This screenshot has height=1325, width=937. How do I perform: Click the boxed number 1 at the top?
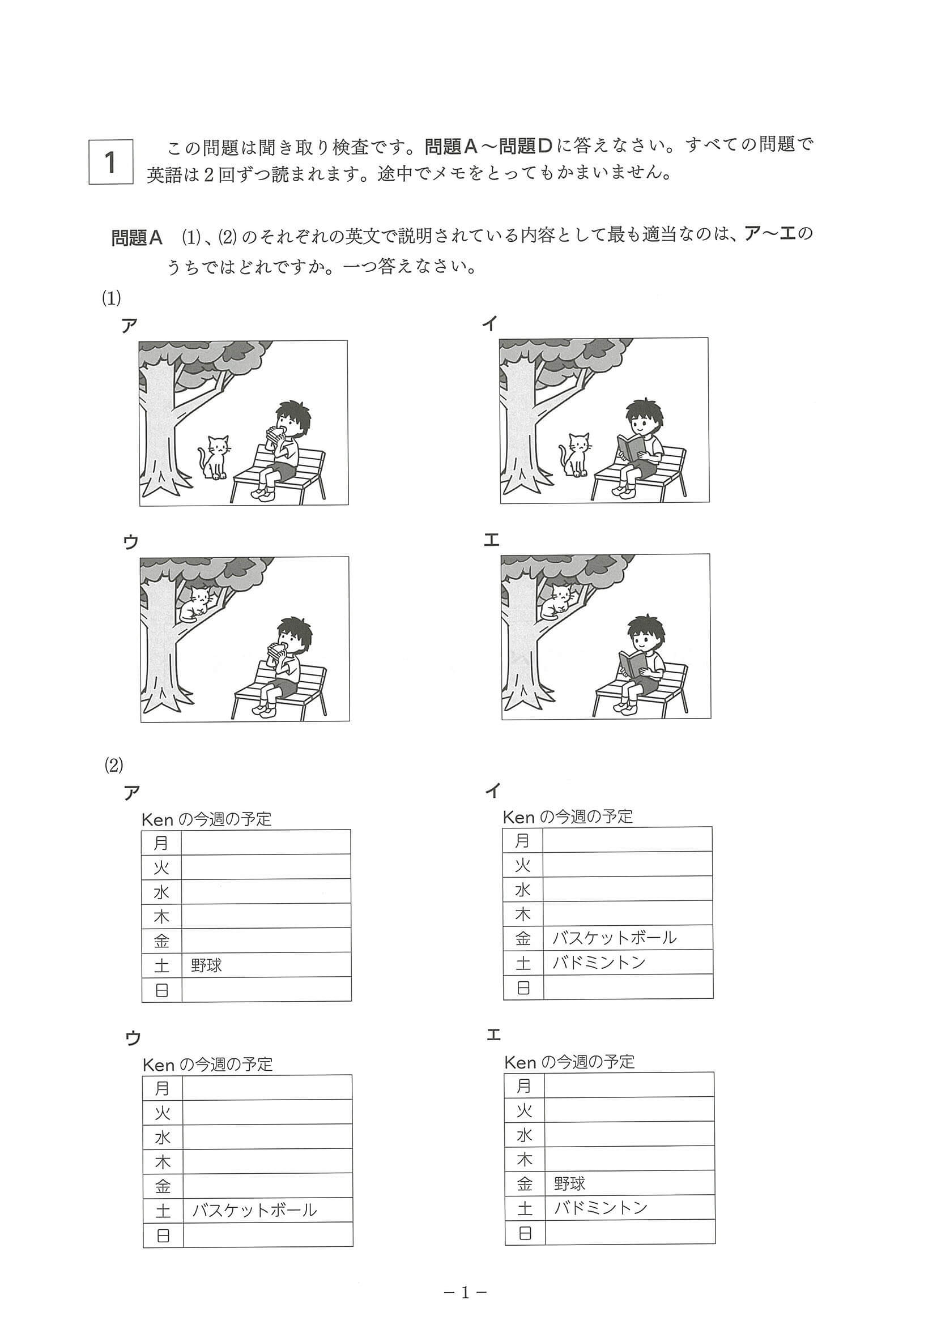[111, 162]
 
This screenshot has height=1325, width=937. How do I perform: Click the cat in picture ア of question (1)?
[215, 457]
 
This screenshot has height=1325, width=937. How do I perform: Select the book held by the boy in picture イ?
[630, 448]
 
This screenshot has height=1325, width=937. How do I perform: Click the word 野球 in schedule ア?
[206, 965]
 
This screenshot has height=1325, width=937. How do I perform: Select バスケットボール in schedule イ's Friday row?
[614, 938]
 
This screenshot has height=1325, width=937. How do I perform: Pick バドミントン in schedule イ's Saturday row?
[599, 963]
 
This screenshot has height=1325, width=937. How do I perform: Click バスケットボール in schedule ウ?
[254, 1210]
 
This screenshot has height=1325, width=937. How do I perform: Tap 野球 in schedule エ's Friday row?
[569, 1183]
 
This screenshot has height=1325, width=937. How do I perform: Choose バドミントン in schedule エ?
[600, 1208]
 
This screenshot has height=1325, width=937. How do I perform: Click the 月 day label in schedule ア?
[161, 843]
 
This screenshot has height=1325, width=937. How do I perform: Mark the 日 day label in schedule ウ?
[163, 1235]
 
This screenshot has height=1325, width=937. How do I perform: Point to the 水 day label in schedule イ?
[522, 890]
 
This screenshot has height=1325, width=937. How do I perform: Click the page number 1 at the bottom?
[465, 1293]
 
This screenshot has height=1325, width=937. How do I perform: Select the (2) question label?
[113, 765]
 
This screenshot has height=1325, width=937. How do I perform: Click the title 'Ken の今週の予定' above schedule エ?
[569, 1062]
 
